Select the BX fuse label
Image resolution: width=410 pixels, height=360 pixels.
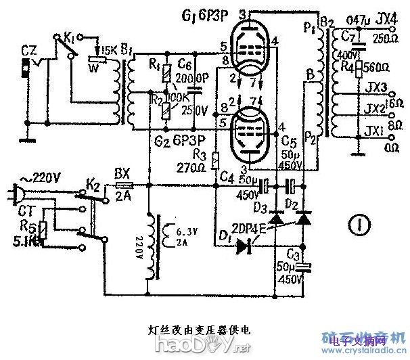pyautogui.click(x=122, y=172)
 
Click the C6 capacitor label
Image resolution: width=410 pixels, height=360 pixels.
pyautogui.click(x=185, y=65)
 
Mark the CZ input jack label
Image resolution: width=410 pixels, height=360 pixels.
pyautogui.click(x=28, y=49)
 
